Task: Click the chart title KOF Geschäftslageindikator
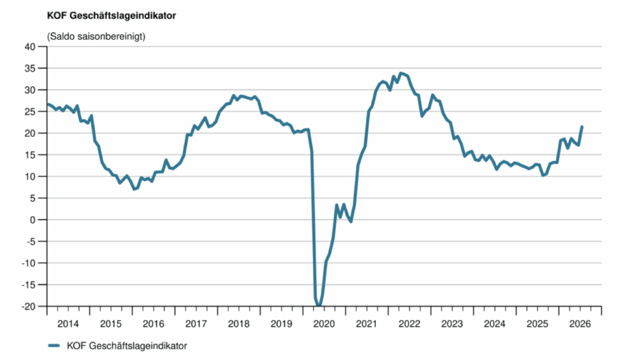coord(111,15)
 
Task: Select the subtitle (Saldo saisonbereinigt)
coord(96,36)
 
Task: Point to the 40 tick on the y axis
coord(30,47)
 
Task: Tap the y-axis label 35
coord(30,69)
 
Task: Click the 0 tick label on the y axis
coord(32,220)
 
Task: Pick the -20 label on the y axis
coord(28,306)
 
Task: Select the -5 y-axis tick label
coord(31,241)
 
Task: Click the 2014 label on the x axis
coord(68,324)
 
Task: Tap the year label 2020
coord(324,324)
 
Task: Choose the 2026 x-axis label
coord(580,324)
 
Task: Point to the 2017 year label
coord(196,324)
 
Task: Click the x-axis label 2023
coord(452,324)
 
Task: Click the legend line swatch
coord(54,345)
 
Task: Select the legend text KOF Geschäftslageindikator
coord(127,345)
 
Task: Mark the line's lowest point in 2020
coord(318,306)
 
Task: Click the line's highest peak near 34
coord(400,73)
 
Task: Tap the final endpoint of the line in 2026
coord(582,127)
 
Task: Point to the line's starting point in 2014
coord(48,105)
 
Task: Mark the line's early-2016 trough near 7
coord(134,189)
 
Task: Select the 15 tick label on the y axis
coord(30,155)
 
